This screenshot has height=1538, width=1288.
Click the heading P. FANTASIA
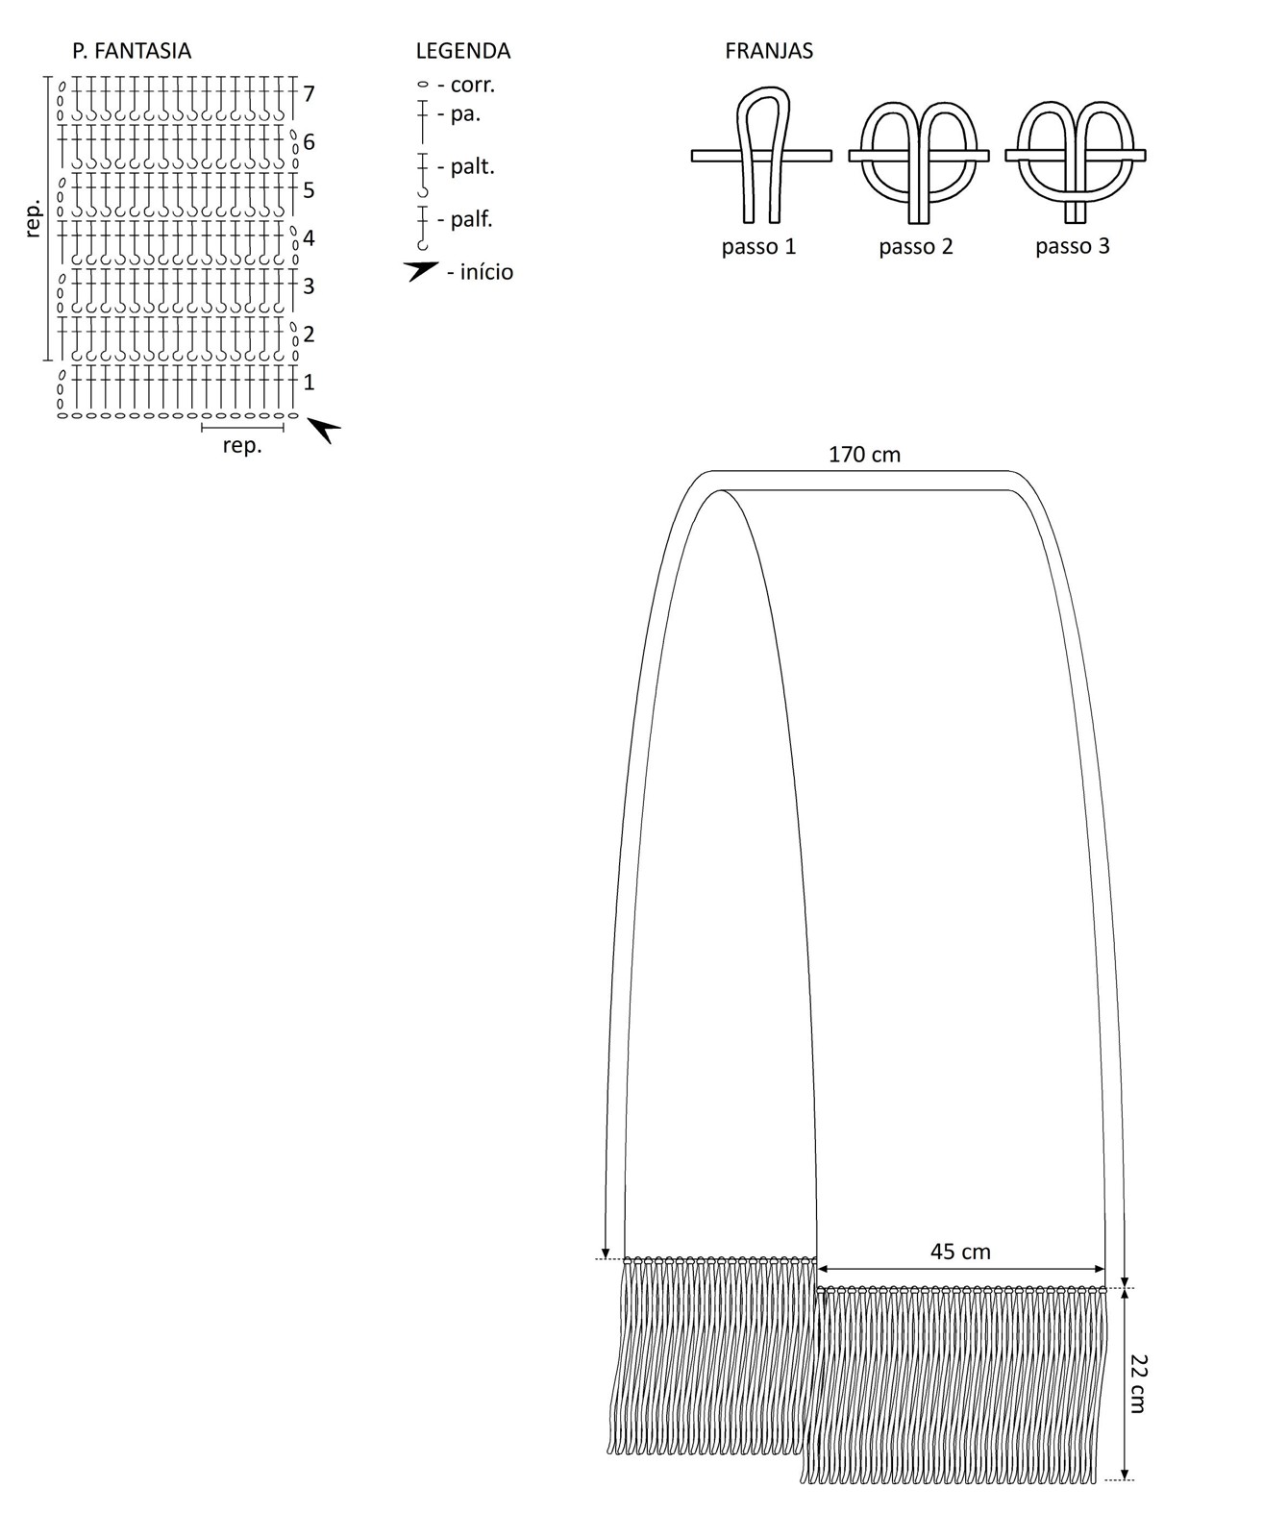tap(132, 51)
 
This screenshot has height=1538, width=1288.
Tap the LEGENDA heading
tap(463, 51)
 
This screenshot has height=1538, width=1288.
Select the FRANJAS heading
tap(769, 51)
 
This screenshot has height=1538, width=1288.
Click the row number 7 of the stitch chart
tap(309, 94)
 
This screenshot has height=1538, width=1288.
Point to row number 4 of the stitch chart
tap(309, 238)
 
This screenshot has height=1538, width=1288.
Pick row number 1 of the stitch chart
tap(309, 383)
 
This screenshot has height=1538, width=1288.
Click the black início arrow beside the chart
tap(324, 430)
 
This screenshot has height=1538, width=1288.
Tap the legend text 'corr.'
tap(473, 85)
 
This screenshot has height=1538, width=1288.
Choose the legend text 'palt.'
tap(473, 167)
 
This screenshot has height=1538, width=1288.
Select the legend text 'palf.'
tap(472, 219)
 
